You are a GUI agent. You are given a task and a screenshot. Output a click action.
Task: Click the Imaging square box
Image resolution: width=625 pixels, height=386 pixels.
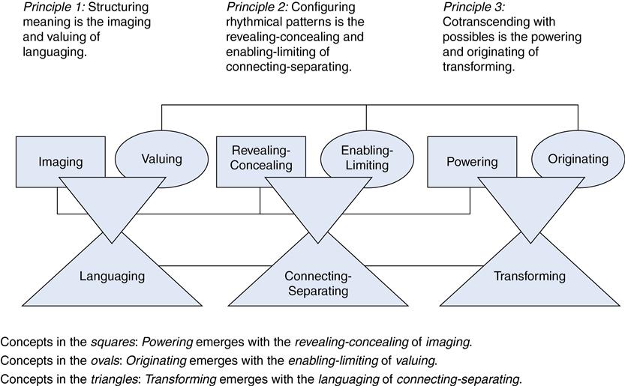(x=60, y=162)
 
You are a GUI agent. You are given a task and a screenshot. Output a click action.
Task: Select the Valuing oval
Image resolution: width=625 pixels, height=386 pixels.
(x=161, y=158)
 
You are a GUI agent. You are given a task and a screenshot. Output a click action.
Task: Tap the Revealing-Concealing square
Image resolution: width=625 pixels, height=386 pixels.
(x=261, y=157)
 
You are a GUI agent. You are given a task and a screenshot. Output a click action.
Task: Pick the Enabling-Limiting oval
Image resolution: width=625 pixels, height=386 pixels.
(x=367, y=157)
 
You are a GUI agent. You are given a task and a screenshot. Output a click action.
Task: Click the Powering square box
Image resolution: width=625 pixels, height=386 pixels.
(x=471, y=162)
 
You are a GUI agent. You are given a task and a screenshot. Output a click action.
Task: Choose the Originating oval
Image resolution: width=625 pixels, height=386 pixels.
(x=578, y=158)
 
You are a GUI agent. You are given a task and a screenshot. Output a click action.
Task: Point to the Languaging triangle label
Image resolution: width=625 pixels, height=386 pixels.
(x=112, y=276)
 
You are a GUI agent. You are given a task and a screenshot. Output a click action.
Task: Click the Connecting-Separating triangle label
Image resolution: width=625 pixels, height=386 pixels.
(x=317, y=283)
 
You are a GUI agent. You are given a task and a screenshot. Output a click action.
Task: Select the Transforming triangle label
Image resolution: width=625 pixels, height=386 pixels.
(x=529, y=276)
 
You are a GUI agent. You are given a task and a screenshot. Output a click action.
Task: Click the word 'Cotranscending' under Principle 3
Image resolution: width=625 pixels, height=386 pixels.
(x=481, y=22)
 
